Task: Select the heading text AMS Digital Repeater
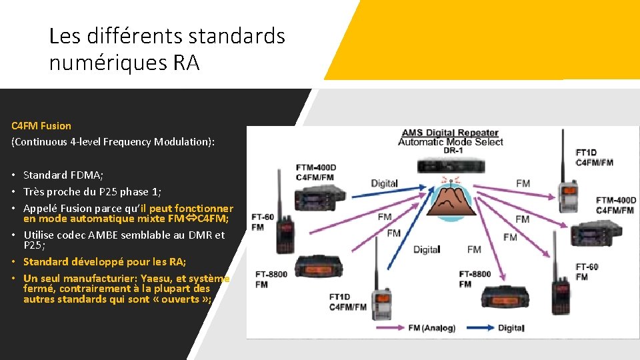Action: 451,133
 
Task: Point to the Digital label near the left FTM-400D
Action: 384,183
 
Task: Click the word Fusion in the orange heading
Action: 56,125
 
